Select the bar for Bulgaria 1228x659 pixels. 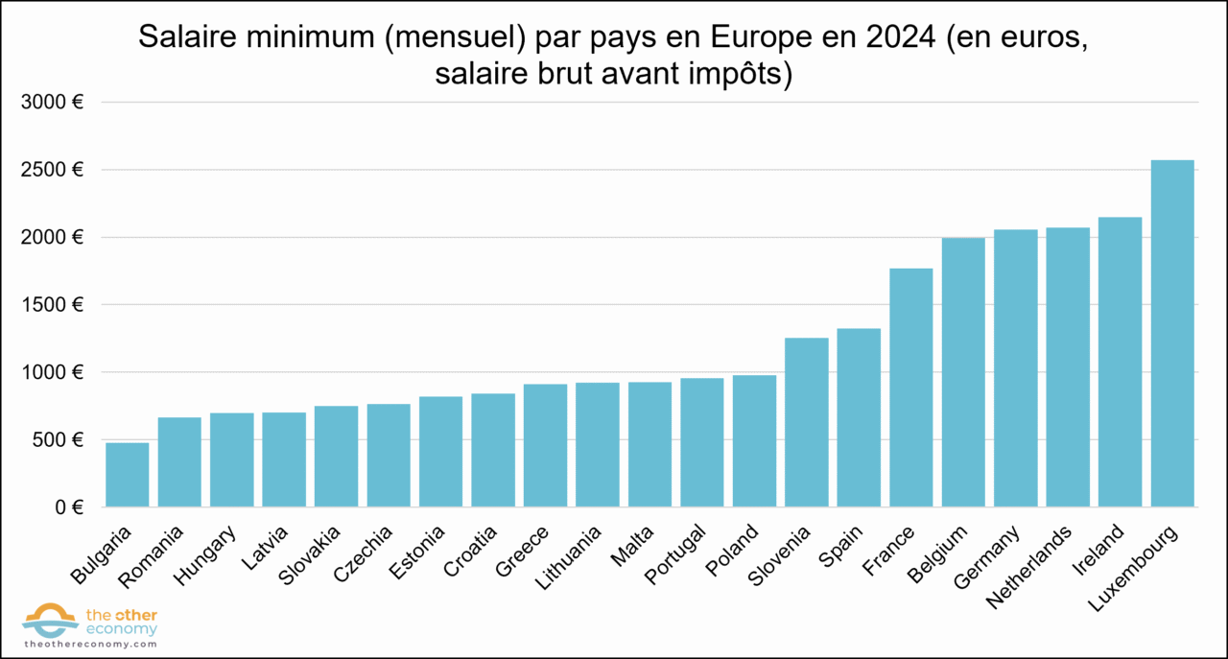tap(127, 474)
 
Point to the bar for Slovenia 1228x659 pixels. tap(806, 422)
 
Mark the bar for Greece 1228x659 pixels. tap(545, 445)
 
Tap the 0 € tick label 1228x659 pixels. tap(68, 506)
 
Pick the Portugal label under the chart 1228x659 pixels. tap(675, 553)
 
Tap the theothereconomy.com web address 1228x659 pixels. tap(90, 645)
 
